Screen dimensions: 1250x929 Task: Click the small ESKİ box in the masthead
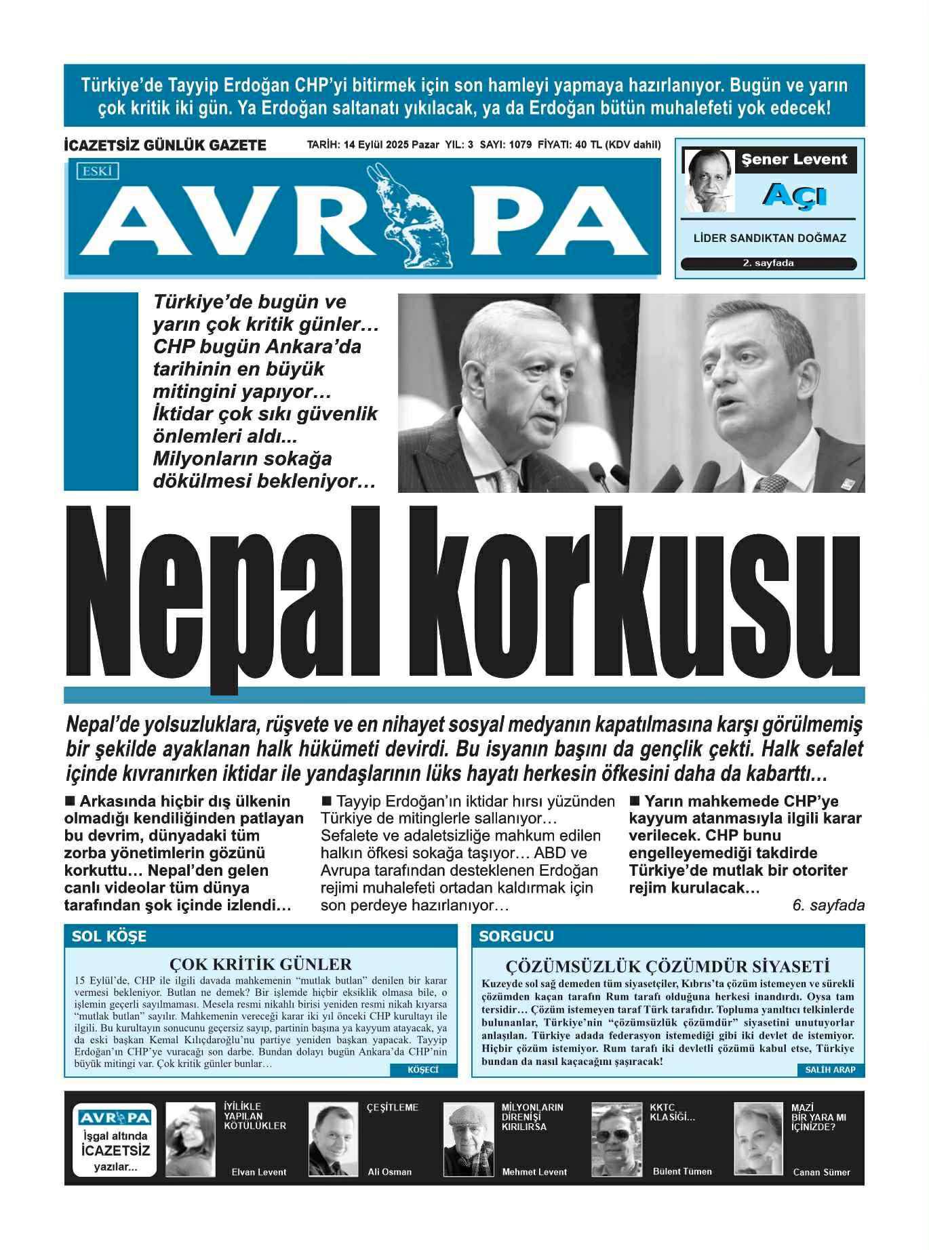98,172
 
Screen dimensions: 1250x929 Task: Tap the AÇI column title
795,195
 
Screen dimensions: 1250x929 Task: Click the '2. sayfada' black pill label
768,264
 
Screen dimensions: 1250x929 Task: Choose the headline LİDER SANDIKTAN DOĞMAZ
768,239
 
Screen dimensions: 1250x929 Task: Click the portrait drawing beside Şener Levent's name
709,180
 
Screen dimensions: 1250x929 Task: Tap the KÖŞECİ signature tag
423,1070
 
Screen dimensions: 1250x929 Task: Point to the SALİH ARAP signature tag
830,1070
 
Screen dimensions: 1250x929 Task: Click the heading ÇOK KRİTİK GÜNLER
260,964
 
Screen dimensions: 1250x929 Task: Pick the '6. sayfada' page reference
828,905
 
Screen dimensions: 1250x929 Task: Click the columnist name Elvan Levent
259,1172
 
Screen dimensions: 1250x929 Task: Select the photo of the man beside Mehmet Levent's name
469,1140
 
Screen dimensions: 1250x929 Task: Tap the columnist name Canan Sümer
821,1172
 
